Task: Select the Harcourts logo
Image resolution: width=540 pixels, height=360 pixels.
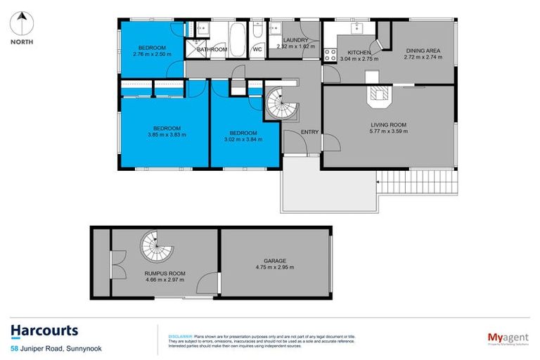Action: coord(44,330)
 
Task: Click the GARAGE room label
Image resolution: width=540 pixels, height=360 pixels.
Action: coord(274,261)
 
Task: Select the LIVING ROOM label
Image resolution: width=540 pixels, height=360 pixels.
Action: coord(389,124)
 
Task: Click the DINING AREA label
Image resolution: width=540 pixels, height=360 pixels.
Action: coord(423,49)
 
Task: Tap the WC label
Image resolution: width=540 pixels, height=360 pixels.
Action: coord(257,50)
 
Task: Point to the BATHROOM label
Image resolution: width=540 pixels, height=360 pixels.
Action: coord(212,50)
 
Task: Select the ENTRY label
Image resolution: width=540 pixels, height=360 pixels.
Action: coord(309,132)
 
